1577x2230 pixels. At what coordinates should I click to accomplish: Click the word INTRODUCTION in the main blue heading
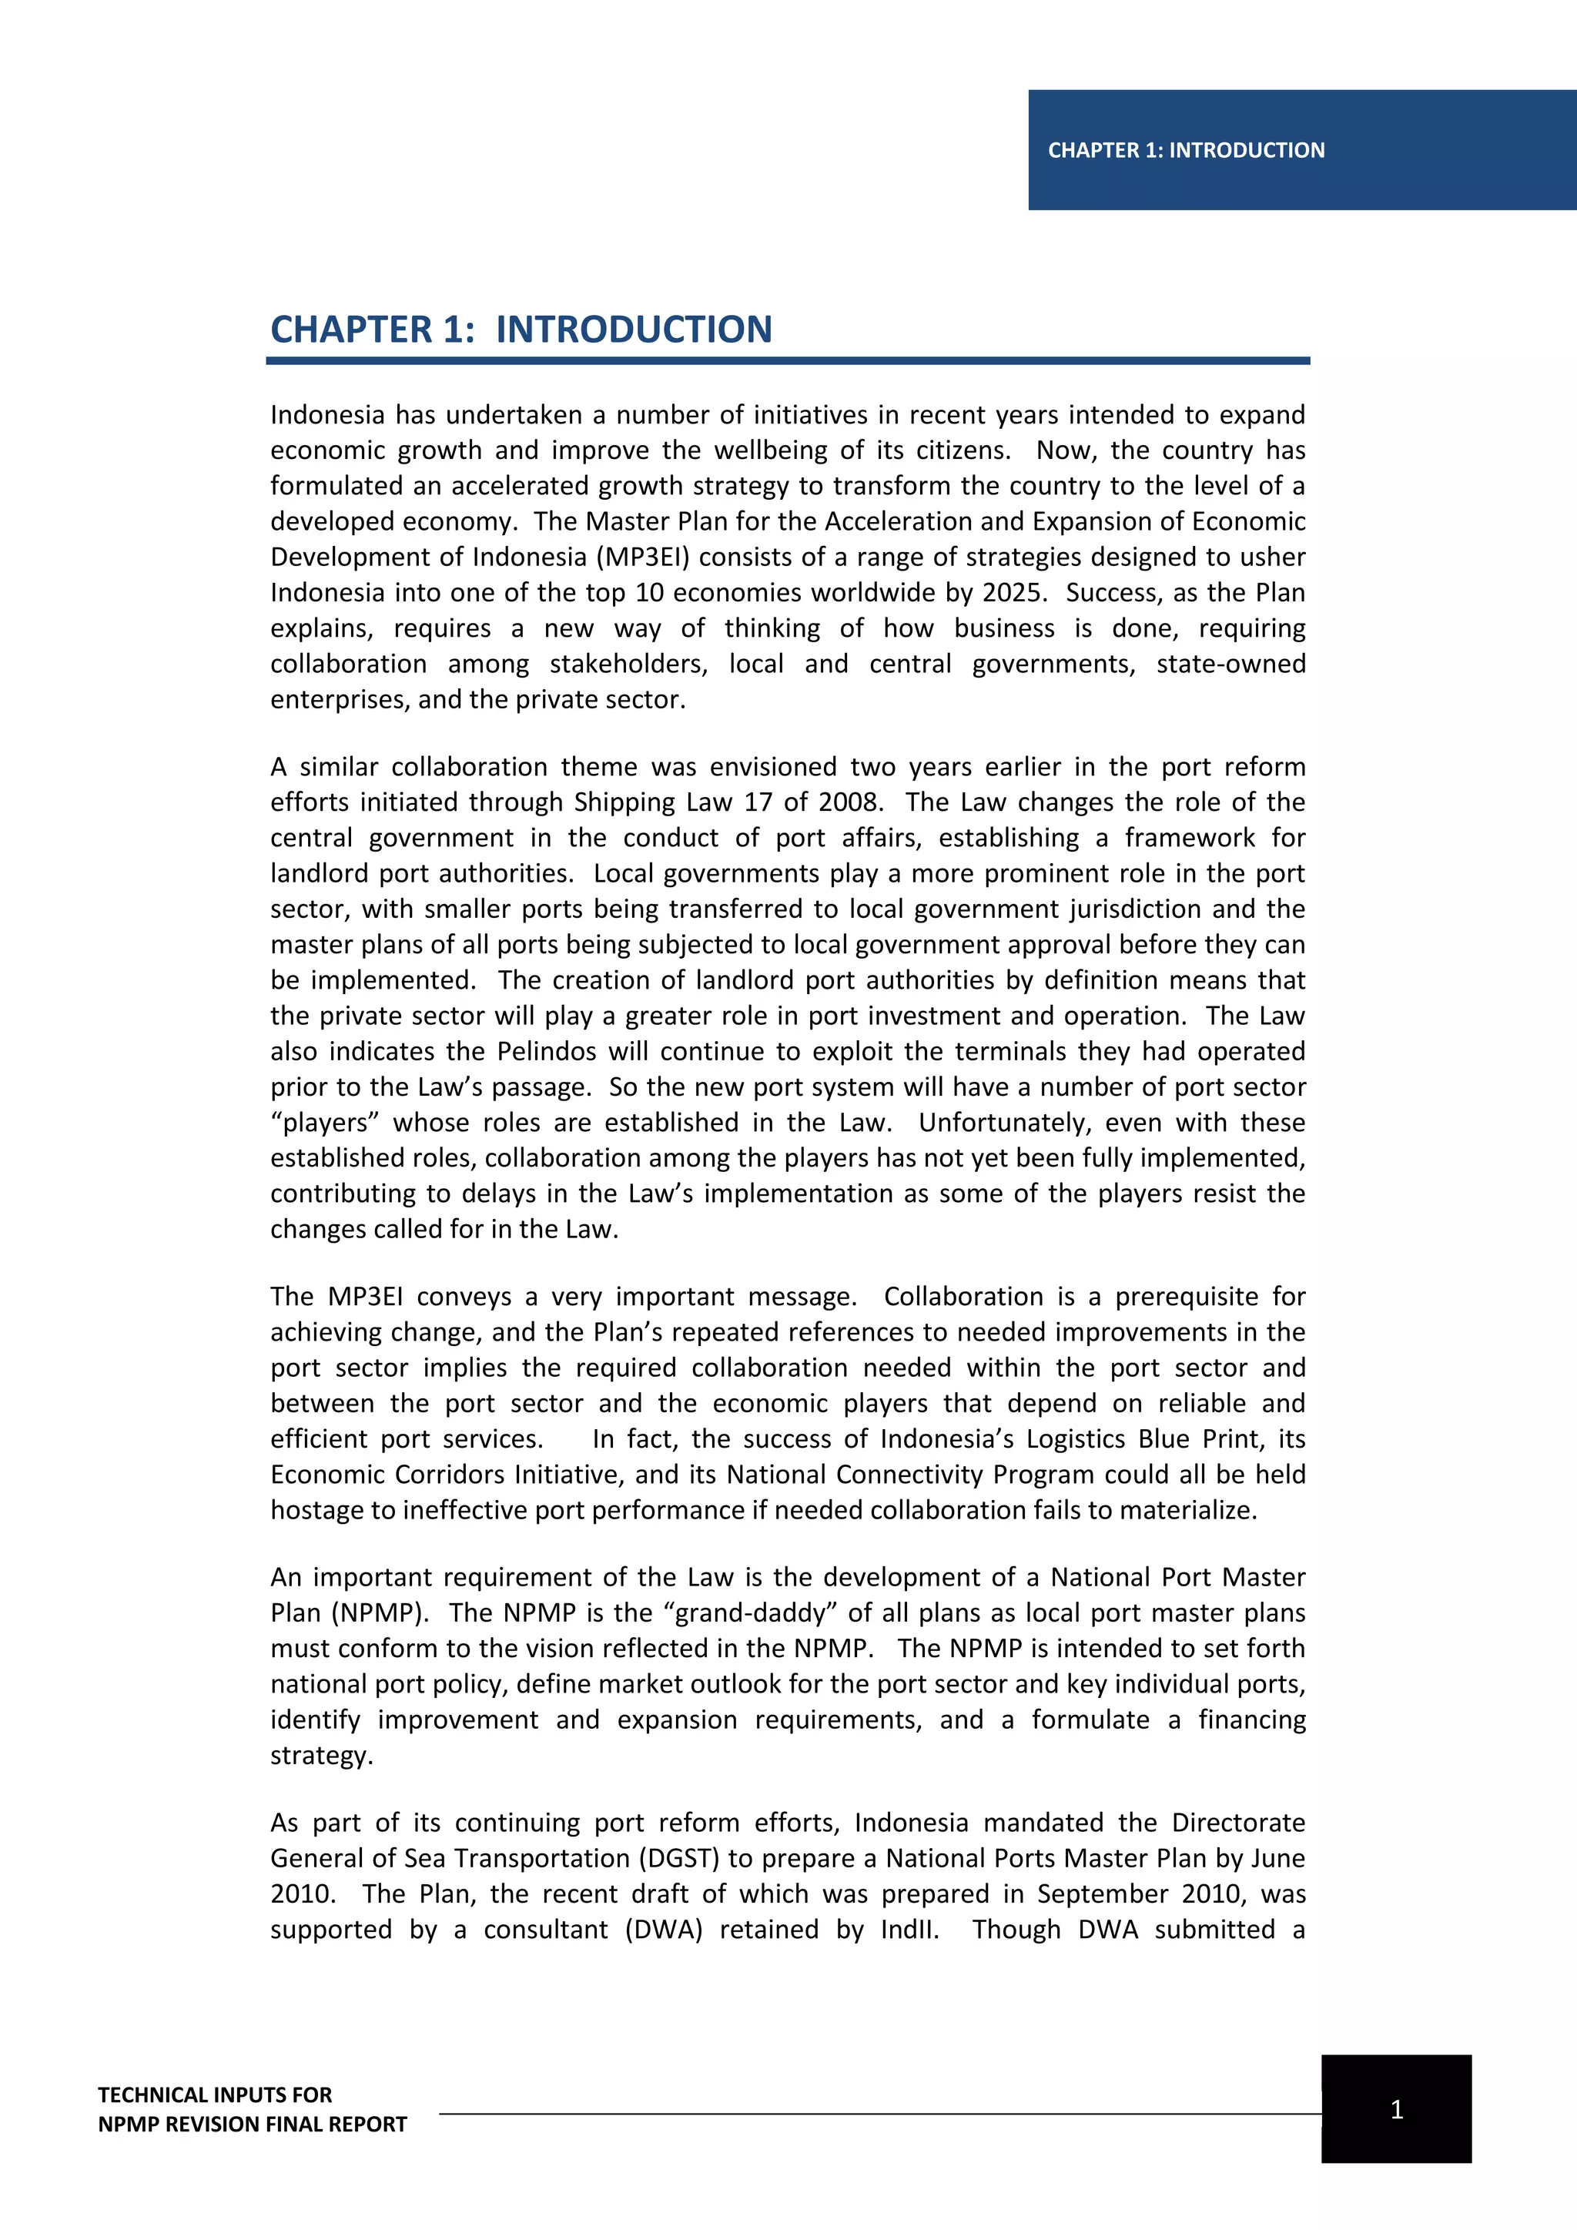pos(633,330)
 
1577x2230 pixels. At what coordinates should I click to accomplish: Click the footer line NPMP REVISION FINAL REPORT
pos(253,2125)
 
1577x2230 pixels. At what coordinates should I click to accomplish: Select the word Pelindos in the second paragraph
pos(546,1052)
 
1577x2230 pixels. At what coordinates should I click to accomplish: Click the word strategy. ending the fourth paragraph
pos(321,1756)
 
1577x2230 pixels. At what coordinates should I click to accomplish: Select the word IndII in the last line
pos(909,1930)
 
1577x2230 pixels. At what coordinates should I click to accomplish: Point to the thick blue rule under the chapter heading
pos(788,361)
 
